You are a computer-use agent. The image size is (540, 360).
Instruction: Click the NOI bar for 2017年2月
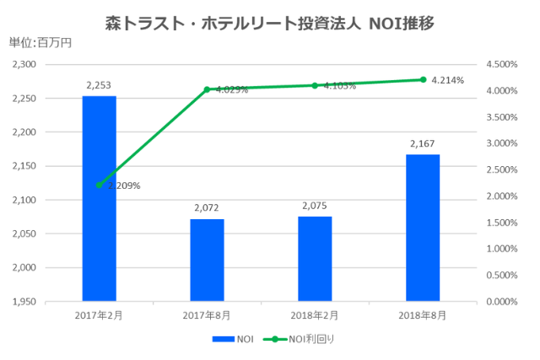point(99,198)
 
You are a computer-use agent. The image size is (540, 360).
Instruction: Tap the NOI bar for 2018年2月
point(315,259)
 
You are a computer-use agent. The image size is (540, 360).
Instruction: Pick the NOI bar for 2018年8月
point(423,228)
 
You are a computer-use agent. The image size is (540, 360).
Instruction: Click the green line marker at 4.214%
point(423,79)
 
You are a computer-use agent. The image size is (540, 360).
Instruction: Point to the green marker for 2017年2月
point(99,185)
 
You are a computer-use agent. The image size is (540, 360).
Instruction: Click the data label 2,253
point(99,84)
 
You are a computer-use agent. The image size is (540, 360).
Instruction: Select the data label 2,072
point(207,207)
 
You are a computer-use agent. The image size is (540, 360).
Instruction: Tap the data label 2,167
point(423,144)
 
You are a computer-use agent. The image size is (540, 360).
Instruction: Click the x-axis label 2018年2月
point(315,314)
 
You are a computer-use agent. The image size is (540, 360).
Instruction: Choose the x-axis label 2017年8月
point(207,314)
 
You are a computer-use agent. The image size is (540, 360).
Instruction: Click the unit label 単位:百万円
point(40,42)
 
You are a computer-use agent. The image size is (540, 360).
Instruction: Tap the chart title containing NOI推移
point(270,21)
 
